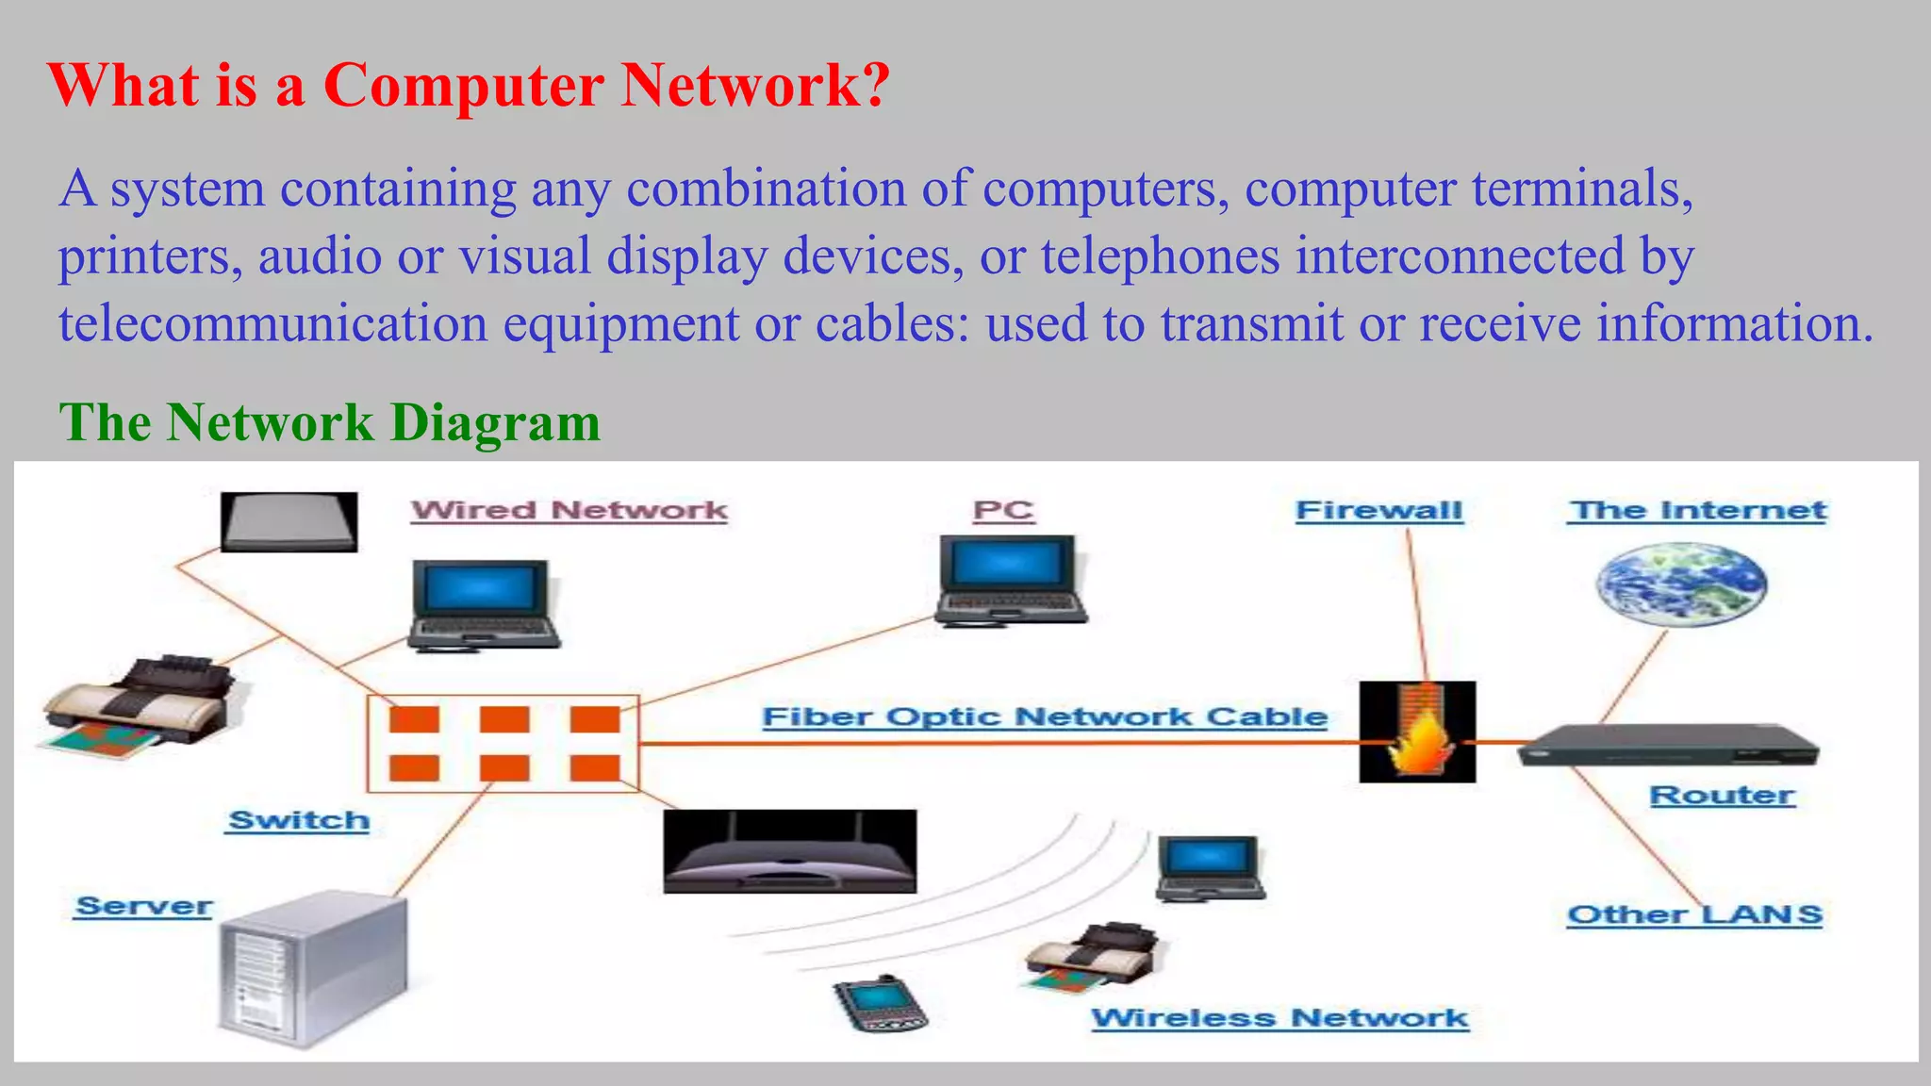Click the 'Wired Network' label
(569, 510)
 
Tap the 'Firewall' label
(1378, 510)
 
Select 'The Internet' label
(1697, 510)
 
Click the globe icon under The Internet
(1680, 584)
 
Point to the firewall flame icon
(1417, 732)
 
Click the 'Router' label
(1722, 795)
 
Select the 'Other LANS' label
(1694, 914)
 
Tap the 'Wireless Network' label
(1279, 1018)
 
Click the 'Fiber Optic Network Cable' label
(1045, 716)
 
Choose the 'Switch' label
(299, 820)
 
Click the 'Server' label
(143, 906)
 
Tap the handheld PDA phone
(879, 1003)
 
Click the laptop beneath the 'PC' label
(1011, 579)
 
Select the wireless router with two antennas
(789, 851)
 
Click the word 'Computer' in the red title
(463, 85)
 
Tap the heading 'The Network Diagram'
(329, 421)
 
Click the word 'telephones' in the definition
(1160, 256)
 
